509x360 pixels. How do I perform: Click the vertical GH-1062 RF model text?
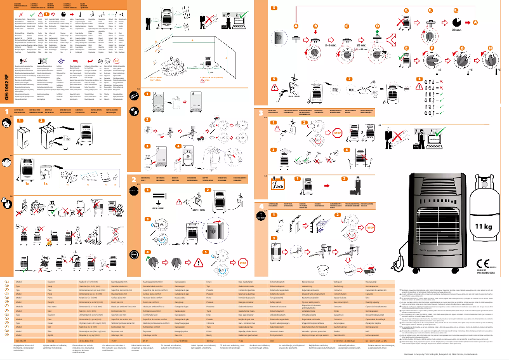6,88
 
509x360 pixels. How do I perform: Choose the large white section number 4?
261,206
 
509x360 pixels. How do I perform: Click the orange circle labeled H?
489,48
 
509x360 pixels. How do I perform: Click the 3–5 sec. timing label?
331,46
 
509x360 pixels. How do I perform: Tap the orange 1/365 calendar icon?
278,185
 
